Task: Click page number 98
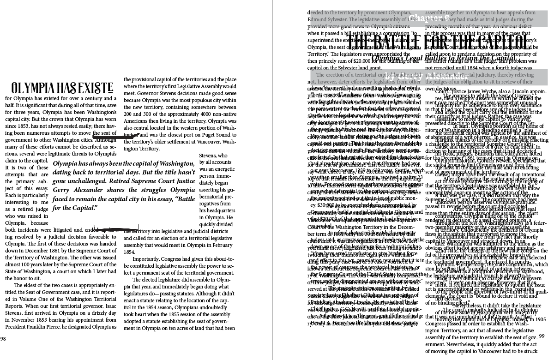pos(3,339)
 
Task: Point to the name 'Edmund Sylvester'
pos(330,20)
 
